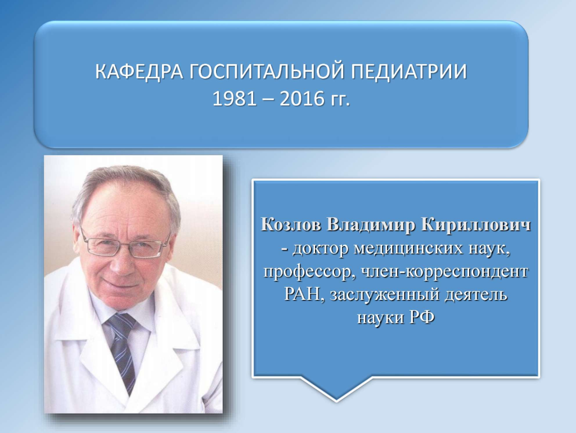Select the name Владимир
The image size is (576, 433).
[x=370, y=225]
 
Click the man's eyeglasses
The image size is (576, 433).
[x=124, y=243]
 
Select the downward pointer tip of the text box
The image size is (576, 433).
[x=336, y=401]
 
